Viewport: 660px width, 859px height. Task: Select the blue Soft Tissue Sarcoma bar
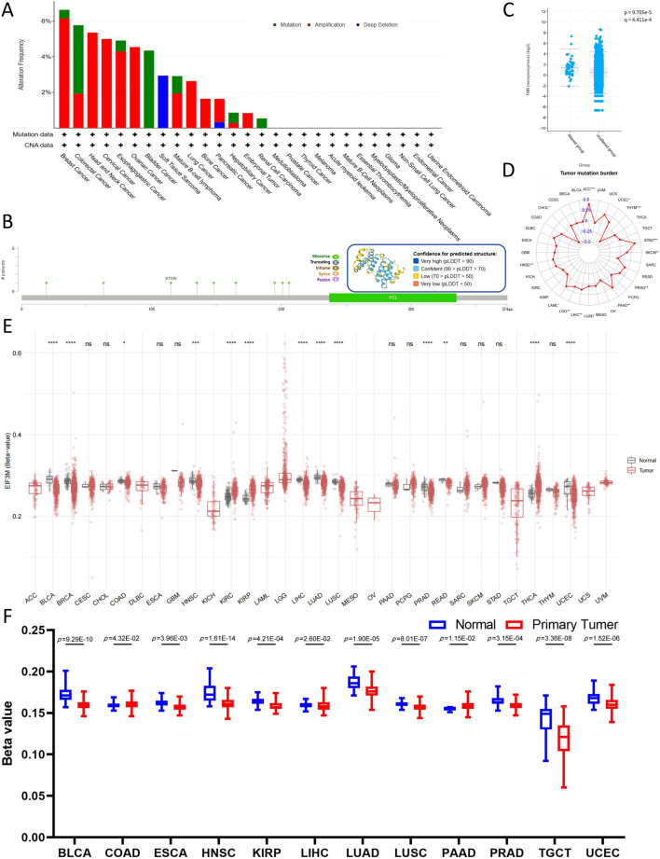(162, 102)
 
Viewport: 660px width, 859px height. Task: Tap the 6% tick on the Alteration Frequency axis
(47, 21)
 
